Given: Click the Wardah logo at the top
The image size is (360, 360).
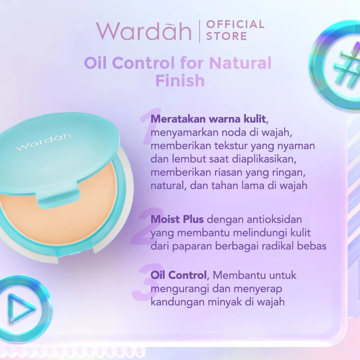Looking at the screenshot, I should pyautogui.click(x=143, y=31).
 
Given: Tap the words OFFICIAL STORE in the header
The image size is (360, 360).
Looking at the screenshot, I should pyautogui.click(x=235, y=30).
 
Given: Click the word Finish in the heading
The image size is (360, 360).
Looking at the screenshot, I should pyautogui.click(x=180, y=81).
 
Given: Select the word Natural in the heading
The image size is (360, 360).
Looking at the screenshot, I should pyautogui.click(x=240, y=63).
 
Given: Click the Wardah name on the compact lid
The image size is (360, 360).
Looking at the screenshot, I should pyautogui.click(x=44, y=142).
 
